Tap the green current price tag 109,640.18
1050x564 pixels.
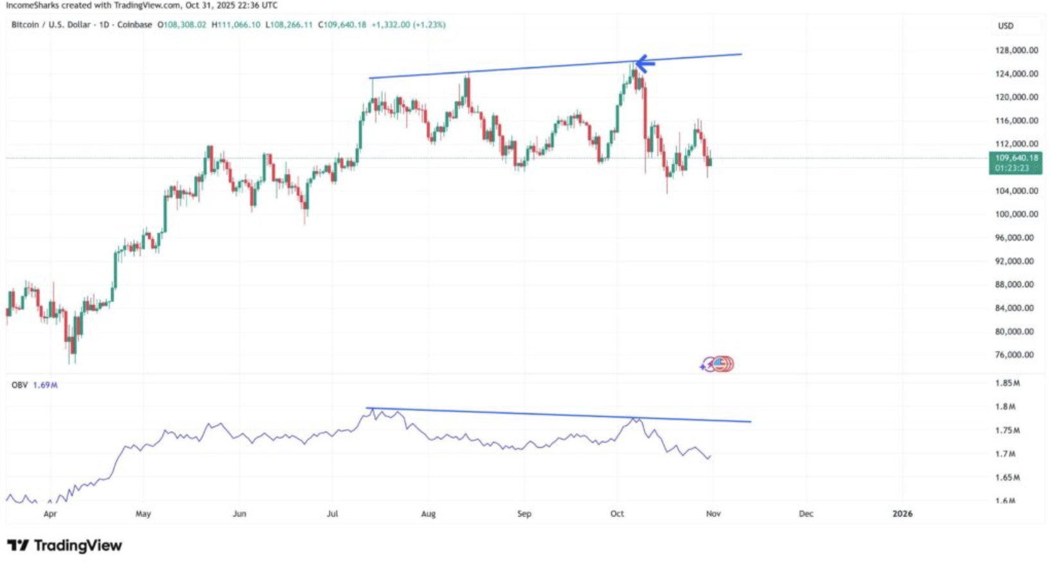[1015, 163]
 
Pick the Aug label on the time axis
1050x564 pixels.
[428, 514]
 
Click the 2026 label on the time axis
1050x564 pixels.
[902, 514]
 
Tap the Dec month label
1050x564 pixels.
[806, 514]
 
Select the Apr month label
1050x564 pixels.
[50, 514]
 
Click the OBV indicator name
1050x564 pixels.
[19, 385]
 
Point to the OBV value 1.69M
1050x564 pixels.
[45, 385]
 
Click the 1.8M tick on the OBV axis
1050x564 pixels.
[1005, 407]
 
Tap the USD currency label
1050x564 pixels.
[1006, 26]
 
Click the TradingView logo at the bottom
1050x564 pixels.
[64, 546]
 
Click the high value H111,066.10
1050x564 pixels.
[236, 25]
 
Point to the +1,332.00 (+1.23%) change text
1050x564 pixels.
[409, 25]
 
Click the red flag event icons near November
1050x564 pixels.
[722, 364]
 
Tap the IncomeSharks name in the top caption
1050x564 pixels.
[32, 5]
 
